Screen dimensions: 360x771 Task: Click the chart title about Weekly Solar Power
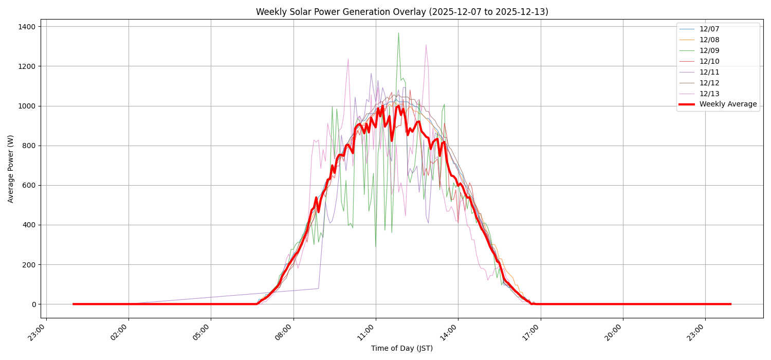pyautogui.click(x=402, y=12)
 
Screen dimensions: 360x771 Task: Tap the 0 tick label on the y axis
pyautogui.click(x=34, y=304)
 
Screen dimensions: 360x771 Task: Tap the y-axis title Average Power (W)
pyautogui.click(x=11, y=169)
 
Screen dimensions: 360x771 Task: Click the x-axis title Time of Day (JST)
pyautogui.click(x=402, y=348)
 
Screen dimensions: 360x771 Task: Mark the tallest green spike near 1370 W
pyautogui.click(x=398, y=33)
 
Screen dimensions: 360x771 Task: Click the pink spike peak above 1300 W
pyautogui.click(x=426, y=45)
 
